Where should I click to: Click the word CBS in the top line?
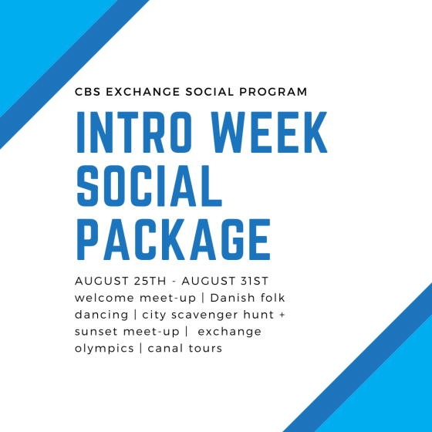[x=88, y=92]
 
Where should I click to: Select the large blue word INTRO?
[x=134, y=132]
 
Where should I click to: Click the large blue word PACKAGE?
[x=174, y=239]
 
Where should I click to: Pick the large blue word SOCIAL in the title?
[x=150, y=186]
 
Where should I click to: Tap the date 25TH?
[x=150, y=281]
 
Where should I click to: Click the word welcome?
[x=104, y=298]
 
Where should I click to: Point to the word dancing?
[x=101, y=315]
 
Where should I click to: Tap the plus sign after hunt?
[x=282, y=316]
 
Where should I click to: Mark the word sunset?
[x=96, y=332]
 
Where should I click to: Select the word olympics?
[x=104, y=349]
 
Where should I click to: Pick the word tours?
[x=205, y=349]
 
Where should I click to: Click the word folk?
[x=273, y=298]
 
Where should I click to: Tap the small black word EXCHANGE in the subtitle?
[x=143, y=92]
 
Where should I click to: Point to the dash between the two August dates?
[x=174, y=282]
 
